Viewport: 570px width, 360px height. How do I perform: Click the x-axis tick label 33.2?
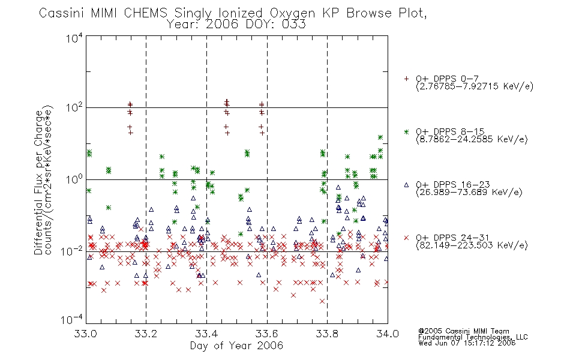click(x=146, y=334)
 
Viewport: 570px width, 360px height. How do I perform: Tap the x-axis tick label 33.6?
click(x=267, y=334)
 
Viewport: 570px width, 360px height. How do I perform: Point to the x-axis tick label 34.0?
click(x=388, y=334)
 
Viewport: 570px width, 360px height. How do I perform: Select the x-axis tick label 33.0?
click(x=85, y=334)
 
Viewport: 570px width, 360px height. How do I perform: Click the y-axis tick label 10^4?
click(x=74, y=38)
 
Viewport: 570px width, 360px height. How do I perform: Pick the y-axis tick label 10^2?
click(x=74, y=108)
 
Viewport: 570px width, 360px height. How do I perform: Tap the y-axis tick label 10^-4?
click(x=72, y=319)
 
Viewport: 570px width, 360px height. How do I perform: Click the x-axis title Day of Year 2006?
click(x=236, y=346)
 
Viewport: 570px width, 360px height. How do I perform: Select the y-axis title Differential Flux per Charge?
click(x=38, y=182)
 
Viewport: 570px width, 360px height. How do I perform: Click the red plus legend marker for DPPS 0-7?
click(x=406, y=79)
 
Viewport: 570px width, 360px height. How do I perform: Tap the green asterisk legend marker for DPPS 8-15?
click(x=406, y=131)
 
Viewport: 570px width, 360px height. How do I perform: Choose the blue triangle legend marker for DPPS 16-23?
click(x=406, y=185)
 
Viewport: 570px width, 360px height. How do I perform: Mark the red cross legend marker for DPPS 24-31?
click(x=406, y=238)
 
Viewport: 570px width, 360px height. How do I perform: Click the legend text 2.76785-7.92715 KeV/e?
click(x=475, y=86)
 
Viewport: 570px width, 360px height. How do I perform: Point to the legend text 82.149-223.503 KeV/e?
click(x=472, y=245)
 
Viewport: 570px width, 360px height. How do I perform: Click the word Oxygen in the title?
click(x=292, y=13)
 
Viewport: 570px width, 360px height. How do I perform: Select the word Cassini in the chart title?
click(x=62, y=13)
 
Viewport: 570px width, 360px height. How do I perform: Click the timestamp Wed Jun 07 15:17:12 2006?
click(x=467, y=343)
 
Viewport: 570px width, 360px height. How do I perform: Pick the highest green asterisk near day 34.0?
click(x=380, y=137)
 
